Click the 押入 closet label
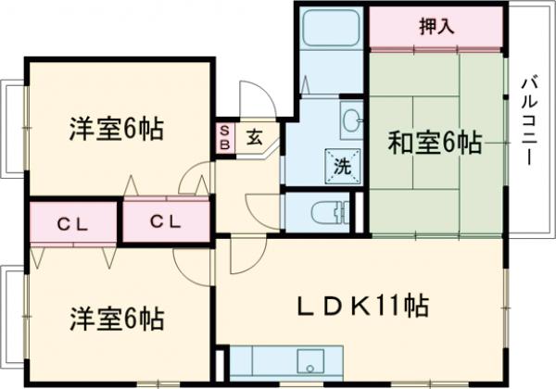pyautogui.click(x=436, y=26)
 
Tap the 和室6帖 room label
pyautogui.click(x=434, y=144)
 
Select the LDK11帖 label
pyautogui.click(x=362, y=305)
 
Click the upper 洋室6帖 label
pyautogui.click(x=116, y=130)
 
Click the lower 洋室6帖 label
pyautogui.click(x=117, y=320)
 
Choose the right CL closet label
pyautogui.click(x=164, y=222)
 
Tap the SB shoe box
pyautogui.click(x=224, y=139)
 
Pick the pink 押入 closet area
pyautogui.click(x=436, y=33)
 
